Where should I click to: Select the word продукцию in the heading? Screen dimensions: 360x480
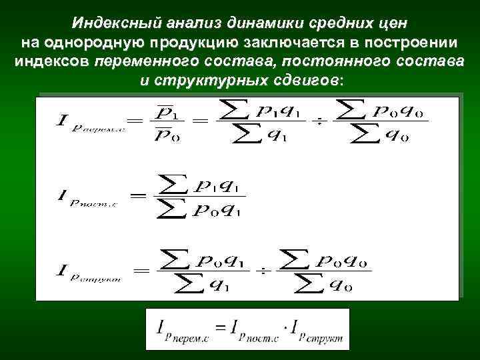tap(183, 43)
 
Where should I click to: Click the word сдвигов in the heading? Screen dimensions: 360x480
tap(304, 80)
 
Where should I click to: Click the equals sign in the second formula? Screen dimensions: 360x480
tap(139, 196)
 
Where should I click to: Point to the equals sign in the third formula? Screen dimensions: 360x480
tap(141, 271)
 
